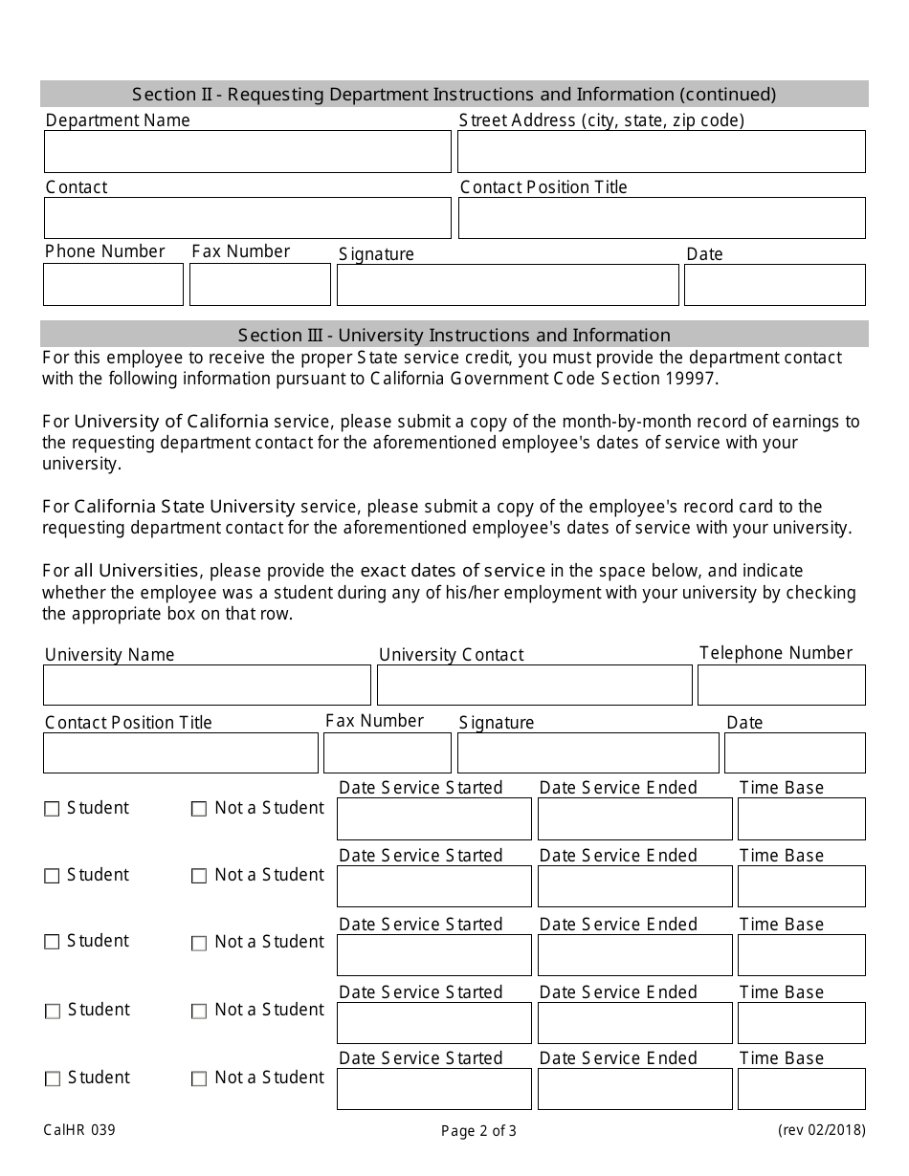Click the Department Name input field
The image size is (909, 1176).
247,152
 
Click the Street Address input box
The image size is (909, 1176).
661,152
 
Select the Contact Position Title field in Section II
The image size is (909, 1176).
661,218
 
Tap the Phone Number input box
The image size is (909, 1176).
113,285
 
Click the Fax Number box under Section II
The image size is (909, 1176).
260,285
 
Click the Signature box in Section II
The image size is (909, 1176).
507,285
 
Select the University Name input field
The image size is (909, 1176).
207,686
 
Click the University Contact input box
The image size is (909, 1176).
534,686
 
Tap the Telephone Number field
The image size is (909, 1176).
781,686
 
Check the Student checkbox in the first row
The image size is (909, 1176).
52,809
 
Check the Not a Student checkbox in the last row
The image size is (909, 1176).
199,1078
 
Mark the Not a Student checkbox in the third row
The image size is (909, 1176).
199,943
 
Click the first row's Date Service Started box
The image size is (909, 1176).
433,819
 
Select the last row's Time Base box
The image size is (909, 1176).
801,1089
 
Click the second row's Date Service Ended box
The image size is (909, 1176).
634,886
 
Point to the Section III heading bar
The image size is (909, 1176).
454,335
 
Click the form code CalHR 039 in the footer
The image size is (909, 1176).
79,1130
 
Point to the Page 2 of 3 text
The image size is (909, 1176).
478,1131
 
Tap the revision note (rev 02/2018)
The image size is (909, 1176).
821,1130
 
